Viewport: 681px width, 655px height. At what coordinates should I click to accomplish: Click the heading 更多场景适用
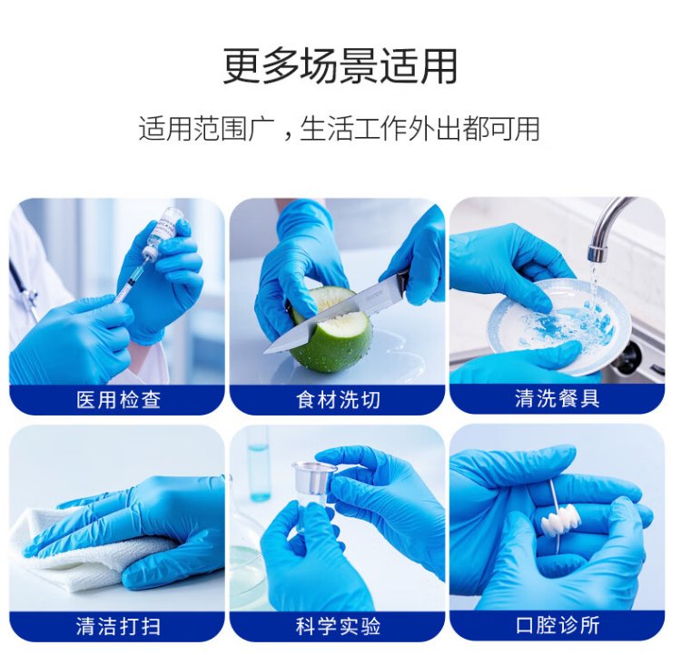tap(340, 66)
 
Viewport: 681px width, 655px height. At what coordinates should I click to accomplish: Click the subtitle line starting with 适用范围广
tap(340, 129)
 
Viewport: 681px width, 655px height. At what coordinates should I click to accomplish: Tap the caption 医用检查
tap(118, 400)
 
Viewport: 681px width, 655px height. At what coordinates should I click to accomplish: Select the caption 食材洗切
tap(338, 400)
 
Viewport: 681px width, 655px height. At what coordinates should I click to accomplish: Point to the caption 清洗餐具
tap(558, 399)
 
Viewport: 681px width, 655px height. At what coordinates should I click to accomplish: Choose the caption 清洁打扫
tap(118, 626)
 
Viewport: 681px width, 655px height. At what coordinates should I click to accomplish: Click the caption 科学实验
tap(338, 626)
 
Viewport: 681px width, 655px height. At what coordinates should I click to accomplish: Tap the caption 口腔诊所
tap(558, 625)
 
